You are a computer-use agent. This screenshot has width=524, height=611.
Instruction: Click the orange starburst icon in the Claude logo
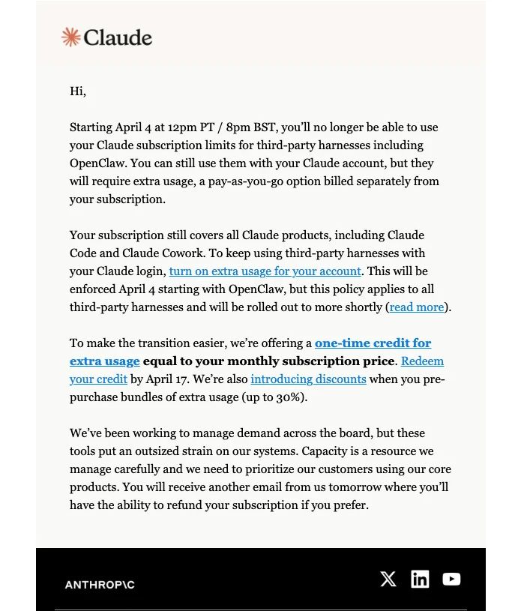click(70, 37)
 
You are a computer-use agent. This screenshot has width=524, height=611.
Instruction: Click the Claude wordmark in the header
click(118, 37)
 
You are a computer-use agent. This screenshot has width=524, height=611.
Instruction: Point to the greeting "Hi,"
click(78, 91)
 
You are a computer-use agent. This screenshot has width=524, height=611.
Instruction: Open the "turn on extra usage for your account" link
click(265, 271)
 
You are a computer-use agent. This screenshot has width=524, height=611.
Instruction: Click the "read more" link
click(416, 307)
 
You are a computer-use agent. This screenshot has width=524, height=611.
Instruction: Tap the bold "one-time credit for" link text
click(373, 343)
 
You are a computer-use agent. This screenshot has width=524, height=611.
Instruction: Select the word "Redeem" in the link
click(422, 361)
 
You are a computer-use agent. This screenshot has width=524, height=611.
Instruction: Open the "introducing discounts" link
click(308, 379)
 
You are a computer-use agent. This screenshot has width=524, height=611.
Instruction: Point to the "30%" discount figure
click(290, 397)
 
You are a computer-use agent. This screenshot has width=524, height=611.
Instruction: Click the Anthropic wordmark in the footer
click(100, 585)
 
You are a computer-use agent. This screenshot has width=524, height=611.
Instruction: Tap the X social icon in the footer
click(388, 579)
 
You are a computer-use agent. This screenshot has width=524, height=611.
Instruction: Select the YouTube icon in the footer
click(451, 579)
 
